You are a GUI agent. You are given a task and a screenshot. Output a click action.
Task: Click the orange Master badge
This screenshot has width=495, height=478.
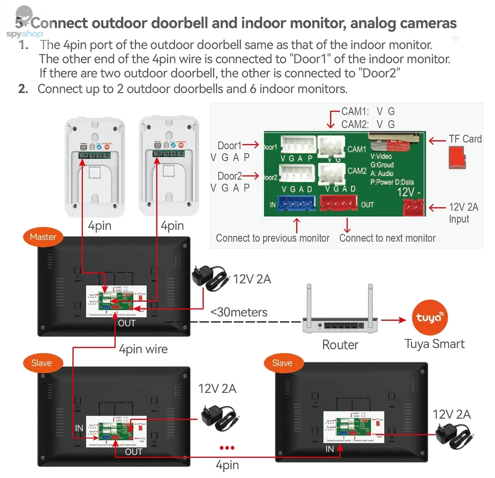tap(43, 237)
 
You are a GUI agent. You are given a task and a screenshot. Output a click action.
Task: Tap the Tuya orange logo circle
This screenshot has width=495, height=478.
tap(429, 317)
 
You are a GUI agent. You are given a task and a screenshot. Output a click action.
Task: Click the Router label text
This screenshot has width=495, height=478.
tap(340, 345)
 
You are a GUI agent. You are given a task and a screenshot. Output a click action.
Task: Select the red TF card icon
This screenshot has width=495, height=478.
tap(457, 157)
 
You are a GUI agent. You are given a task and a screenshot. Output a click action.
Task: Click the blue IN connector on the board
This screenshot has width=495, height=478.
tap(296, 203)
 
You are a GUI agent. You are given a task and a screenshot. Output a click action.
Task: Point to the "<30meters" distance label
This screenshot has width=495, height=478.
tap(239, 312)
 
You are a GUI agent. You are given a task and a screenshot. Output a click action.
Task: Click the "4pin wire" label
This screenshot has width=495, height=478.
tap(143, 349)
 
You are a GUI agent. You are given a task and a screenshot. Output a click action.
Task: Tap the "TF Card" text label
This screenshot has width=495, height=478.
tap(465, 139)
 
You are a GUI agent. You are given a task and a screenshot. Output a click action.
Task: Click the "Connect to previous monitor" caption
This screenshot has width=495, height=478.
tap(273, 238)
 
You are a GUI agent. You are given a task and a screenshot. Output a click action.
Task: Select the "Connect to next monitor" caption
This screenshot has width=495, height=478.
tap(387, 238)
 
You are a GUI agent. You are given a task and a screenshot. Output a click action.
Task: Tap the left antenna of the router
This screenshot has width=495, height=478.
tap(309, 300)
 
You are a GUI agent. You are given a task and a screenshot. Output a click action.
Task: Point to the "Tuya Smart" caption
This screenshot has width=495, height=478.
tap(434, 344)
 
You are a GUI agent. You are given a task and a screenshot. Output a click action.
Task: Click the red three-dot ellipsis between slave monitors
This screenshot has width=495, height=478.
tap(227, 448)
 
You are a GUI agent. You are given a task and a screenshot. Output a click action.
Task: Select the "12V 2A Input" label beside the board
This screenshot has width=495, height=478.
tap(463, 213)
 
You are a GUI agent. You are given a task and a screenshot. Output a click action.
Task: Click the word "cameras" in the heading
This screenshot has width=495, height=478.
tap(430, 23)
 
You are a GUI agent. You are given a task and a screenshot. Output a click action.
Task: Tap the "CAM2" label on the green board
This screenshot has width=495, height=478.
tap(357, 171)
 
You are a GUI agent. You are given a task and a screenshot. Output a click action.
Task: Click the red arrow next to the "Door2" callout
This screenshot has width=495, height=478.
tap(251, 176)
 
